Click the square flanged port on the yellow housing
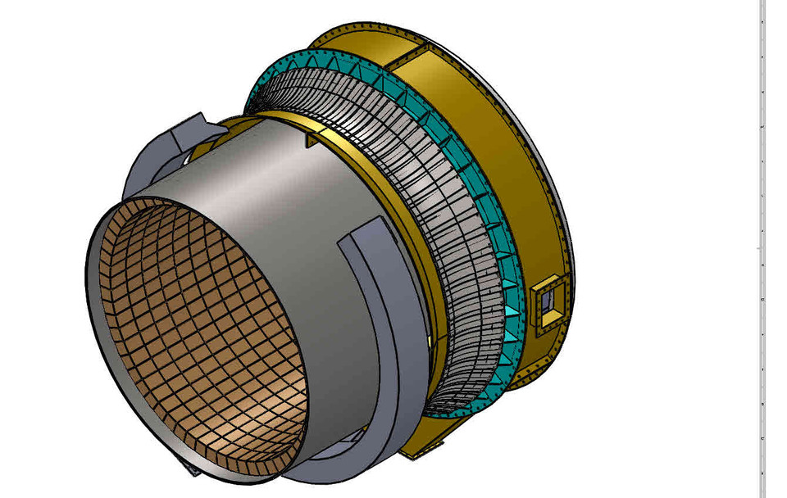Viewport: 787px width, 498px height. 544,305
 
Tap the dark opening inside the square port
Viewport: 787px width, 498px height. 545,305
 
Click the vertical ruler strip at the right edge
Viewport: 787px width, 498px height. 762,246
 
